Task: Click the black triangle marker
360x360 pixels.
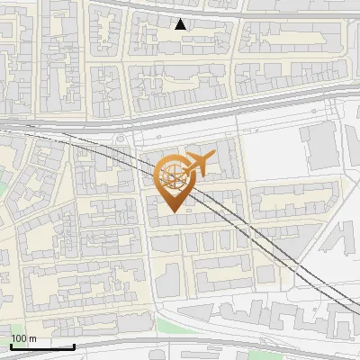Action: [x=181, y=25]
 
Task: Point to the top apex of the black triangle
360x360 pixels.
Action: [x=181, y=20]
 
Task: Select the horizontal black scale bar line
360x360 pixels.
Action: [x=41, y=346]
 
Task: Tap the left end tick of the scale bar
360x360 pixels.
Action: [x=10, y=345]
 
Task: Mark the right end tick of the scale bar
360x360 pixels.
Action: [x=74, y=345]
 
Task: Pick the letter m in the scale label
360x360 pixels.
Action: [x=33, y=338]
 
